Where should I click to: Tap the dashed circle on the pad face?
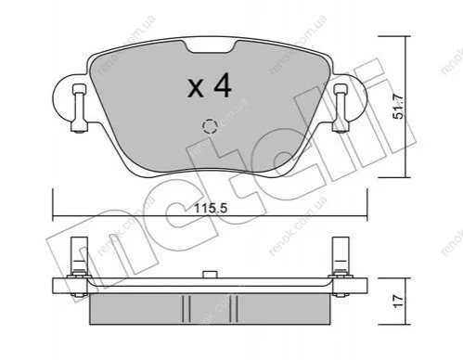210,126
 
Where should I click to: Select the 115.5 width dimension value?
211,209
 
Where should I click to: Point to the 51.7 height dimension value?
398,107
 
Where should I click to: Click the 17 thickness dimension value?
398,301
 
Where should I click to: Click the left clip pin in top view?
79,109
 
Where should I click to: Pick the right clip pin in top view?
341,109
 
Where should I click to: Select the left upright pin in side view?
80,257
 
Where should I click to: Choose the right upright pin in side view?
341,257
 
